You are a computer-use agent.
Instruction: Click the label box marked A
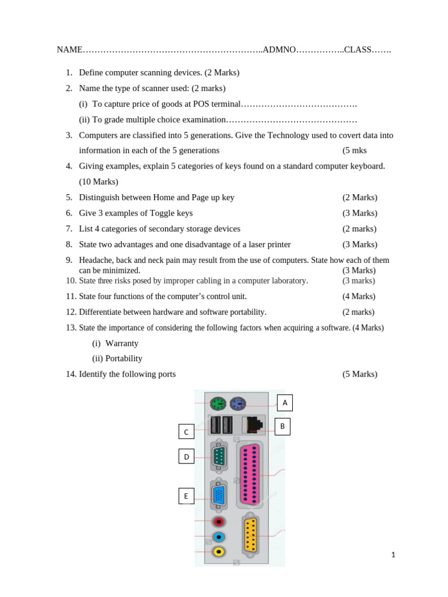pos(285,403)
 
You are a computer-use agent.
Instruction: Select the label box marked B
pos(282,426)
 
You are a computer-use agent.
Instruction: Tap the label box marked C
pos(186,431)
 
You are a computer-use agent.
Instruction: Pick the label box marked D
pos(186,456)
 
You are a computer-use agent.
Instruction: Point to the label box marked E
pos(186,496)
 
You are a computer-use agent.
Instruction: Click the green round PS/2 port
pos(218,403)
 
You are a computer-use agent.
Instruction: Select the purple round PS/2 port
pos(237,403)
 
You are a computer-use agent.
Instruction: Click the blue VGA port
pos(219,496)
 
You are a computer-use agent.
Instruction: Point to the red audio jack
pos(219,521)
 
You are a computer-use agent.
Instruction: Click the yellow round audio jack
pos(219,551)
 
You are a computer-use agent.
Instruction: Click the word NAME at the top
pos(69,50)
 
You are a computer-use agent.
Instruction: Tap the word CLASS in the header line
pos(358,50)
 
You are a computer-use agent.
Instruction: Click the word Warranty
pos(122,343)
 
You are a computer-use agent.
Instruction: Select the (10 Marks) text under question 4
pos(99,182)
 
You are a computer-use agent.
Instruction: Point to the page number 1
pos(393,555)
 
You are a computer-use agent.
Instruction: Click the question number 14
pos(71,374)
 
